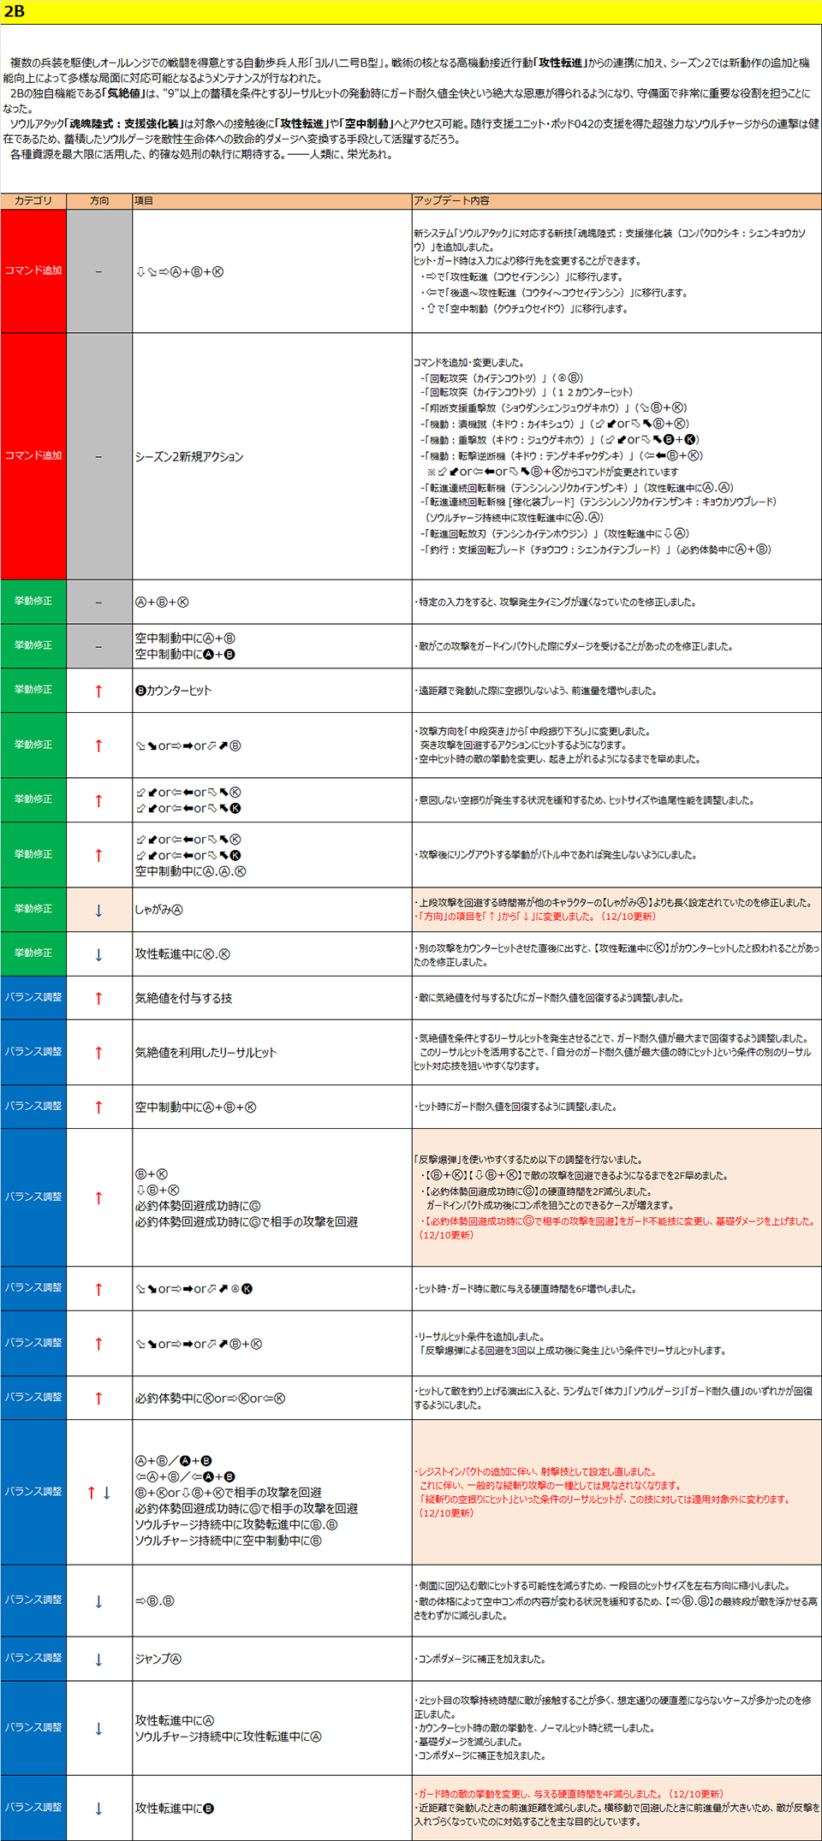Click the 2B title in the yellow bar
tap(15, 11)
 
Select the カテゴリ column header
tap(33, 200)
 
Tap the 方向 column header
tap(99, 200)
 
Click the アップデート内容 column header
tap(452, 200)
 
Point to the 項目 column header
tap(144, 200)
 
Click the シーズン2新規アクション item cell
tap(189, 457)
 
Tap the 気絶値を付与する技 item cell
tap(184, 998)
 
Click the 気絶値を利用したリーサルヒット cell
tap(206, 1053)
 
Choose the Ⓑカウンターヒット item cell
tap(174, 691)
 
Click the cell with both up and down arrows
tap(99, 1493)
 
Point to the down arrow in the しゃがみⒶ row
tap(99, 911)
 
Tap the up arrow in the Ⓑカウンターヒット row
tap(99, 692)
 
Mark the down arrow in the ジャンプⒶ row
tap(99, 1660)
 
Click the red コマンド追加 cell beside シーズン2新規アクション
tap(33, 456)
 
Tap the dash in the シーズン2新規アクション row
tap(99, 457)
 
